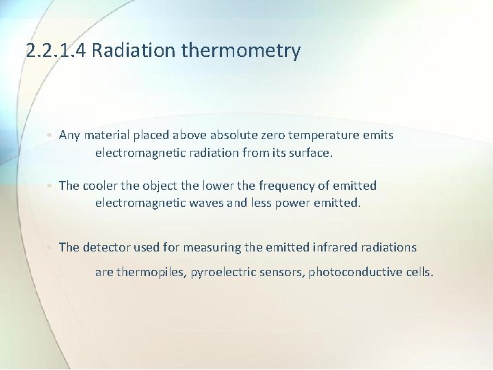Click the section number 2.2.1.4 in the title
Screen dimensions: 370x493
pos(55,51)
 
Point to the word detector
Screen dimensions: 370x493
pos(106,247)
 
